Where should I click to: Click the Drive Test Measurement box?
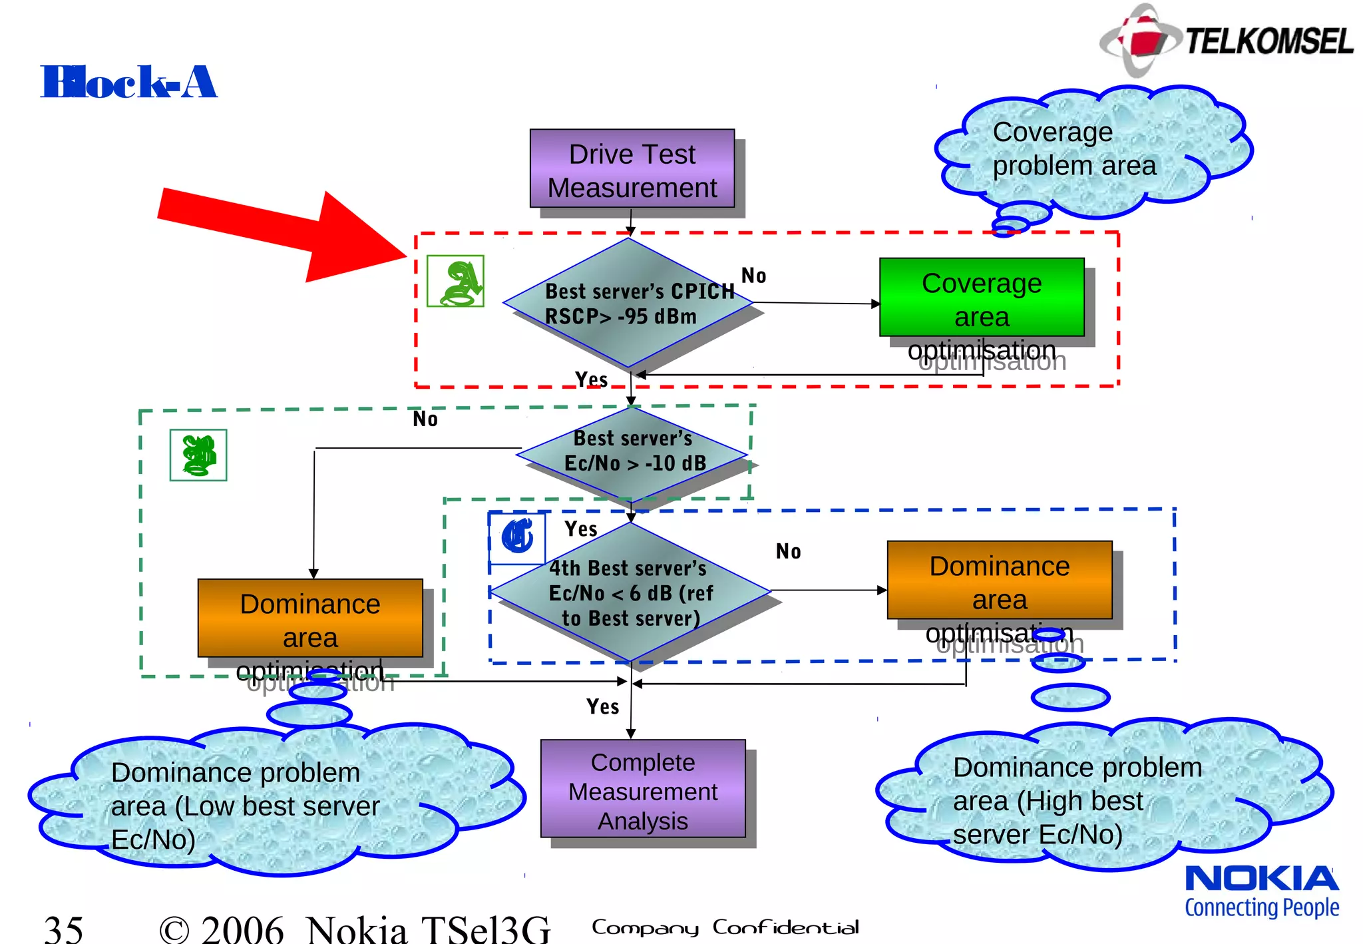[632, 169]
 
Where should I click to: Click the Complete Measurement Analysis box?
[642, 789]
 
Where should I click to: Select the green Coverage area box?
[981, 298]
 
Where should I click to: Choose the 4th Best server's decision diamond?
[630, 592]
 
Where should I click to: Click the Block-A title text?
[128, 83]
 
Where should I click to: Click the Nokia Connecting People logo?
[1261, 891]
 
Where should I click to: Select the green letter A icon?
[455, 281]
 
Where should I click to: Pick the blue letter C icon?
[517, 537]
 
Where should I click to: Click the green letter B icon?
[198, 455]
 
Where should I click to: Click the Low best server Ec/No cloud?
[266, 802]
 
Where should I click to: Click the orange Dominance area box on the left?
[310, 618]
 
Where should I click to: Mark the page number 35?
[64, 928]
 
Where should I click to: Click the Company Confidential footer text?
[725, 927]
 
